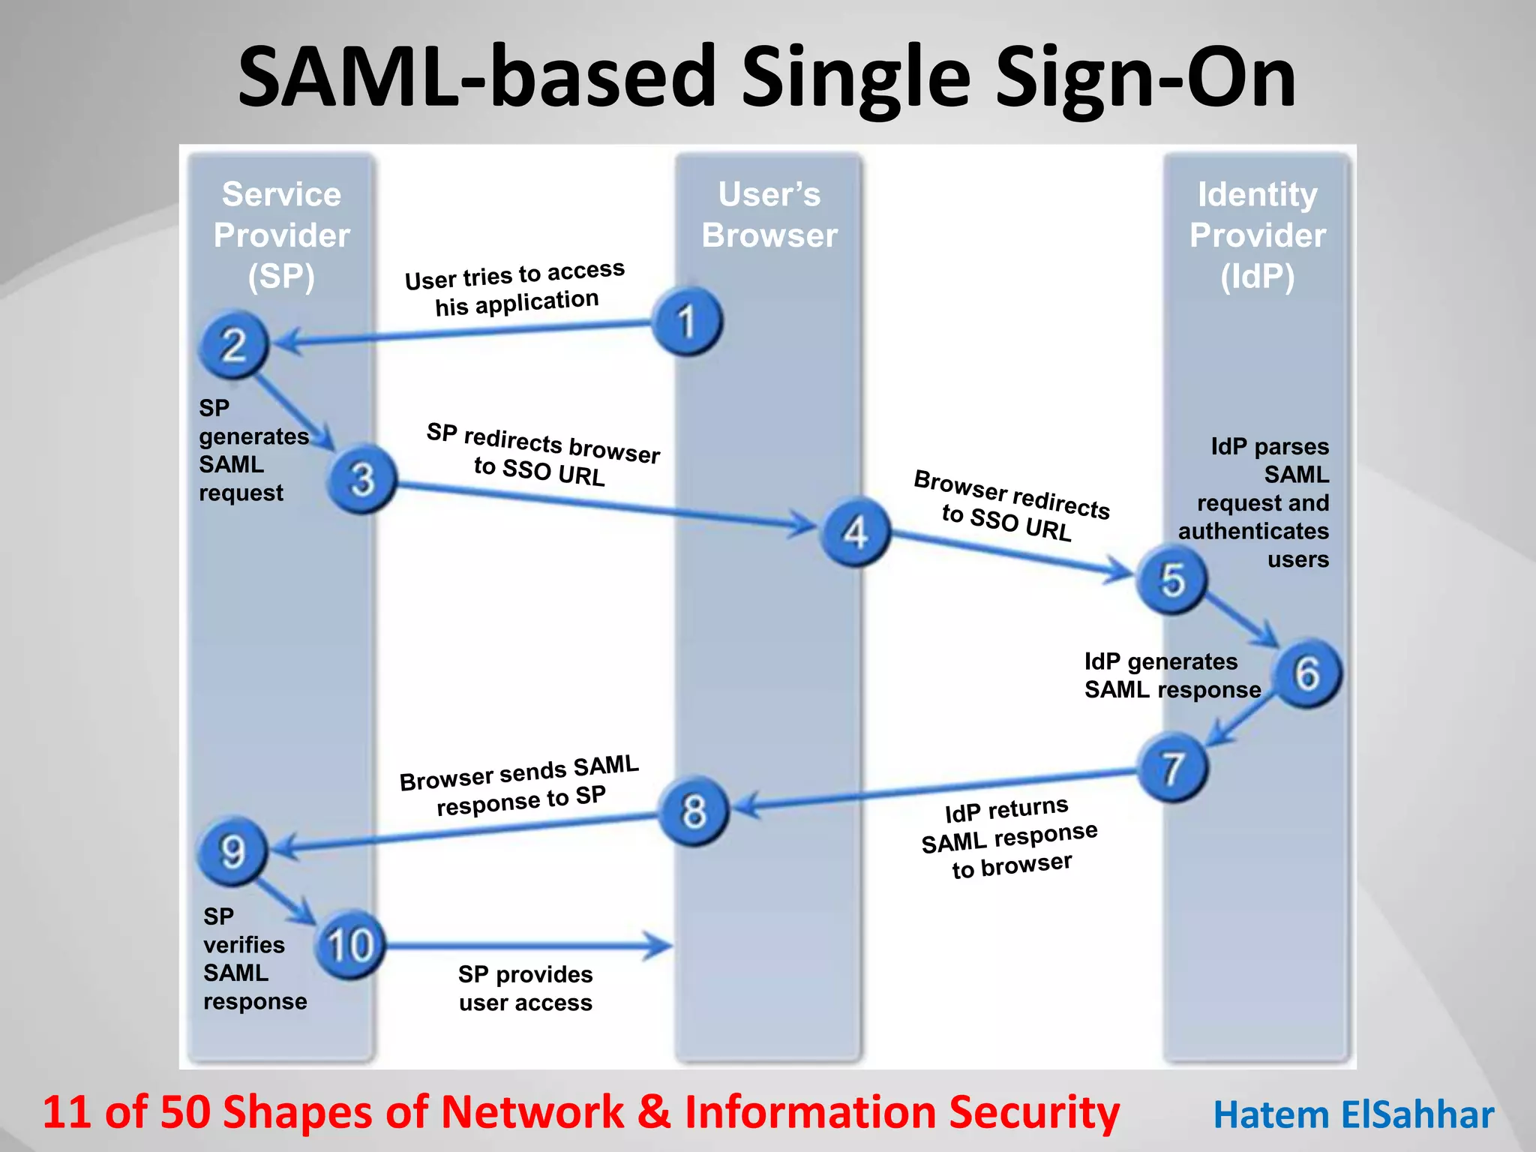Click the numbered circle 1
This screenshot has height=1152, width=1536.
coord(687,322)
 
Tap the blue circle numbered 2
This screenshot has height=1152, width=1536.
coord(233,345)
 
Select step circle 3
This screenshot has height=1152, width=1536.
coord(362,479)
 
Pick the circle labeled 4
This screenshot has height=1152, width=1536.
coord(856,532)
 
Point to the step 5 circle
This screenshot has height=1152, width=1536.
coord(1171,580)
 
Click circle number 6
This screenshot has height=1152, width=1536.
coord(1307,673)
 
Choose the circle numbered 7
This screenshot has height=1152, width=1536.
coord(1172,768)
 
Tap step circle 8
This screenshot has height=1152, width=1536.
coord(694,811)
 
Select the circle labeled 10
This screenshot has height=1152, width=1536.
coord(349,945)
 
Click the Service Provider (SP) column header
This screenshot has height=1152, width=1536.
coord(281,235)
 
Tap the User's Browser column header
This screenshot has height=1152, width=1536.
coord(769,214)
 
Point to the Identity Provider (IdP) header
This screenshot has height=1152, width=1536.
coord(1258,235)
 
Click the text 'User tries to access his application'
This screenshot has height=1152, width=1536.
coord(516,288)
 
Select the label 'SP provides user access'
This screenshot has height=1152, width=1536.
coord(526,988)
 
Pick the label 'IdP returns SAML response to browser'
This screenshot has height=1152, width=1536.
coord(1009,838)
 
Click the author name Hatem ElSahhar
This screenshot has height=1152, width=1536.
coord(1354,1114)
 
